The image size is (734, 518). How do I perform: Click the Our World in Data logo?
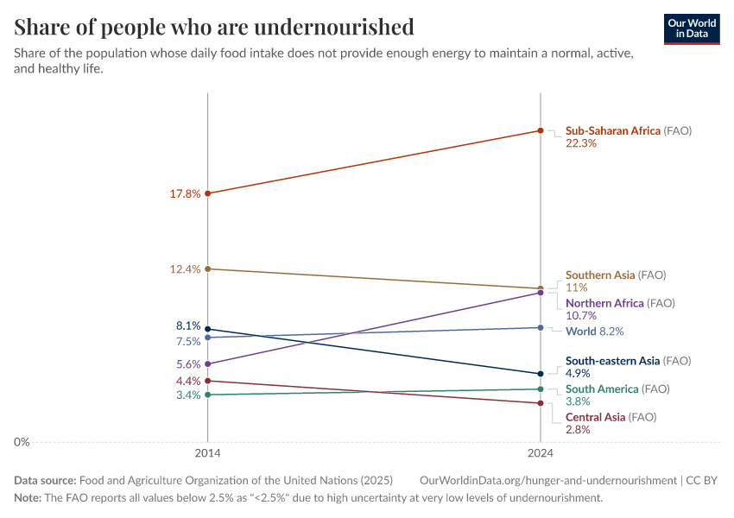pos(692,29)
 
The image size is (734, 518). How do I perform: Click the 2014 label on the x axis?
pos(208,453)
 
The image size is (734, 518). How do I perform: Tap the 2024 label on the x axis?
pos(541,453)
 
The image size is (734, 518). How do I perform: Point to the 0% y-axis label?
pos(22,442)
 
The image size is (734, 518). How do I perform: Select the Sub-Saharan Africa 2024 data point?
pos(541,130)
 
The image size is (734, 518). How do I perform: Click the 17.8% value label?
pos(185,193)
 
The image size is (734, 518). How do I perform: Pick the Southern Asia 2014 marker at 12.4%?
pos(208,268)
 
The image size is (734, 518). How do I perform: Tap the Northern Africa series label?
pos(604,303)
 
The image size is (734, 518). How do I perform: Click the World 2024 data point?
pos(541,327)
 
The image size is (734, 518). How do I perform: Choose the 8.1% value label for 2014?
pos(188,325)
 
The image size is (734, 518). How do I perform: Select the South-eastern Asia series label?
pos(612,361)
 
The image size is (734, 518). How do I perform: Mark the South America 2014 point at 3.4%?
pos(208,395)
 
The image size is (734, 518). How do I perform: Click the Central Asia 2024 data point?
pos(541,403)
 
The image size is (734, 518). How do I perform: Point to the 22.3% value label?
pos(581,143)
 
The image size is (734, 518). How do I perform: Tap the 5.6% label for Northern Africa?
pos(188,364)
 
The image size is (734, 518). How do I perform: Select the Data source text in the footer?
pos(45,481)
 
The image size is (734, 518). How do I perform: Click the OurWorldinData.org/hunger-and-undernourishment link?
pos(548,481)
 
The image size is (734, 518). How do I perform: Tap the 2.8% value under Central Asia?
pos(578,430)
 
